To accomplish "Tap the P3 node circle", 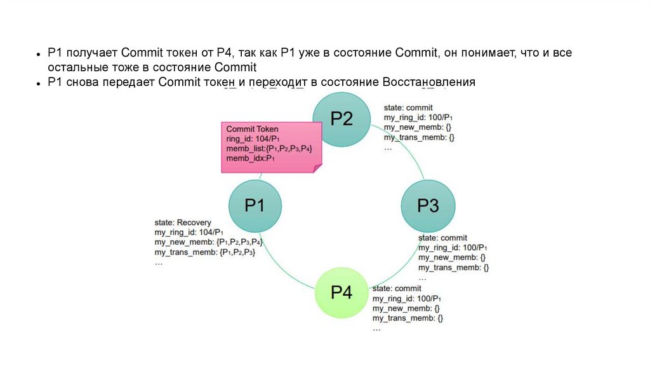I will pyautogui.click(x=428, y=206).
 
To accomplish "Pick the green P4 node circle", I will pyautogui.click(x=342, y=293).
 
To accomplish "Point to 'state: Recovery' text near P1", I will pyautogui.click(x=183, y=223).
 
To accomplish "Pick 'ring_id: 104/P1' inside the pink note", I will pyautogui.click(x=253, y=138).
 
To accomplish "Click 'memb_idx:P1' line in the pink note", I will pyautogui.click(x=250, y=158).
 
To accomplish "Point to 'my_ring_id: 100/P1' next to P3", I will pyautogui.click(x=452, y=247).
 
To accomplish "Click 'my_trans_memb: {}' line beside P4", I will pyautogui.click(x=408, y=318).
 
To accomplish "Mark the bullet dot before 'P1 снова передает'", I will pyautogui.click(x=39, y=83).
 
